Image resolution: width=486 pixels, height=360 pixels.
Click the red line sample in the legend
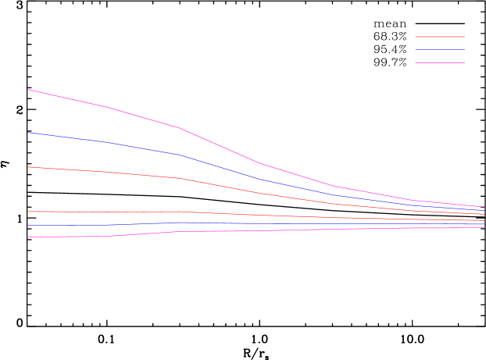pyautogui.click(x=440, y=37)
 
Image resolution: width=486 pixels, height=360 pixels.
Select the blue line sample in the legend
pyautogui.click(x=440, y=49)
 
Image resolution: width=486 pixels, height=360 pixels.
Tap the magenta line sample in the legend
pyautogui.click(x=440, y=62)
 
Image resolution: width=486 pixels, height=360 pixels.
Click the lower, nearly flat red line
pyautogui.click(x=258, y=215)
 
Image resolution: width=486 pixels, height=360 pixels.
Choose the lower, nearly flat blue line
pyautogui.click(x=258, y=224)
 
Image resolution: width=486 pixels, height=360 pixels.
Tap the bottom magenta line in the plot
pyautogui.click(x=258, y=230)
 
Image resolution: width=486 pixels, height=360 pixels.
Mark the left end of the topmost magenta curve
pyautogui.click(x=28, y=90)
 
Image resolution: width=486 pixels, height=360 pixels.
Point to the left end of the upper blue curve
pyautogui.click(x=28, y=133)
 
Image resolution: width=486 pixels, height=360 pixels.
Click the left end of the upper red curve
pyautogui.click(x=28, y=167)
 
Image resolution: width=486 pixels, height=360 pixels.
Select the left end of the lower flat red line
pyautogui.click(x=28, y=212)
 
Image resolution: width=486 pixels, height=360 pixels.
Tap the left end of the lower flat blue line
pyautogui.click(x=28, y=226)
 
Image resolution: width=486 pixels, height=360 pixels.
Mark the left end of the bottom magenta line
pyautogui.click(x=28, y=237)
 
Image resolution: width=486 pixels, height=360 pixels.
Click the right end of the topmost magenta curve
pyautogui.click(x=484, y=207)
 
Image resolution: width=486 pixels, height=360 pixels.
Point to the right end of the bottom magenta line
pyautogui.click(x=484, y=227)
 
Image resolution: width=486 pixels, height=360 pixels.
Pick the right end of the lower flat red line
pyautogui.click(x=484, y=221)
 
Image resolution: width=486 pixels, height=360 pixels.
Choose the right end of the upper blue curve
pyautogui.click(x=484, y=210)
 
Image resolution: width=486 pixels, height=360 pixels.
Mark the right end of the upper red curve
pyautogui.click(x=484, y=215)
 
